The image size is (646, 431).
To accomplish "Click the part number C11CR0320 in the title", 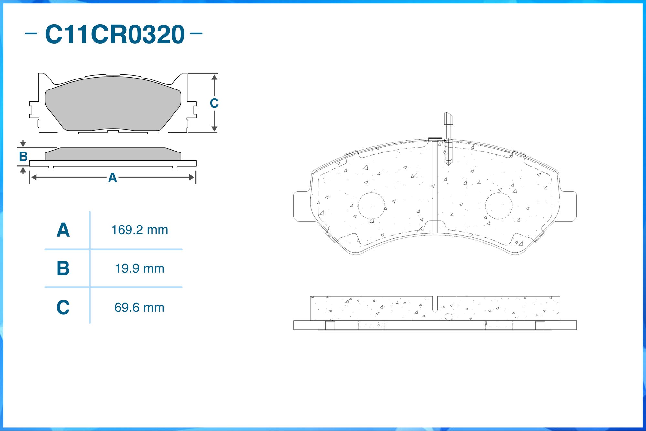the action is [x=115, y=34].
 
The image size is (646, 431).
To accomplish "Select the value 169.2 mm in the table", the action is [x=140, y=230].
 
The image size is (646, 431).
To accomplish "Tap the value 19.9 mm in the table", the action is [x=140, y=268].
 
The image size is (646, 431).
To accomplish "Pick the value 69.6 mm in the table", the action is [x=140, y=308].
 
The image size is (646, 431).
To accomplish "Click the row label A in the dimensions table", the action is [x=63, y=230].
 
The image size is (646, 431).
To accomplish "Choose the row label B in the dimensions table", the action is [x=63, y=268].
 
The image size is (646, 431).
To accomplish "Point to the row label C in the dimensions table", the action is [x=63, y=307].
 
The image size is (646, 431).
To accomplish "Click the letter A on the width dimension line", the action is [x=112, y=177].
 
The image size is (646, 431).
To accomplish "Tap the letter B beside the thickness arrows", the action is [x=23, y=156].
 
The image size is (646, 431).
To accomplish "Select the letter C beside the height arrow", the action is [x=214, y=103].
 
